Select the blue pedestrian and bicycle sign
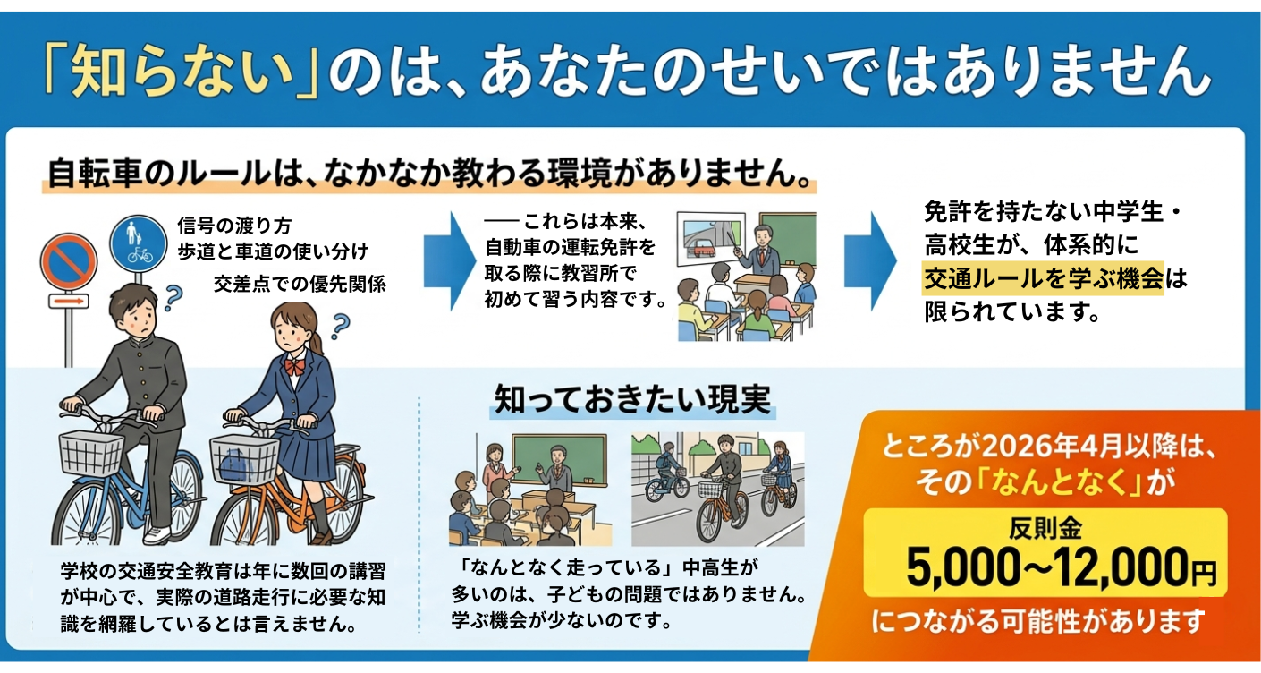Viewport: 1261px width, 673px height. pyautogui.click(x=138, y=243)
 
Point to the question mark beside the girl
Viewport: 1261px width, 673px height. pyautogui.click(x=340, y=327)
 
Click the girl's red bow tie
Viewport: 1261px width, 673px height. pyautogui.click(x=294, y=366)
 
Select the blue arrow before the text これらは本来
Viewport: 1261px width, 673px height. pyautogui.click(x=450, y=261)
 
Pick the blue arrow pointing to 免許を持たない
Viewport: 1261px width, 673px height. pyautogui.click(x=870, y=261)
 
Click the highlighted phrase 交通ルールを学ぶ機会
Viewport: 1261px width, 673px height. pyautogui.click(x=1043, y=278)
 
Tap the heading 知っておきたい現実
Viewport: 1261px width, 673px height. pyautogui.click(x=633, y=400)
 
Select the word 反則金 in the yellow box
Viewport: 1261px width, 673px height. pyautogui.click(x=1045, y=529)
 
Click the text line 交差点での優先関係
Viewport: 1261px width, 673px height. pyautogui.click(x=300, y=285)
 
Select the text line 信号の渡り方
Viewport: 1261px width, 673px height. pyautogui.click(x=234, y=226)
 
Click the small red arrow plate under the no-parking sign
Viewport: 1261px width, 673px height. pyautogui.click(x=69, y=302)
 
